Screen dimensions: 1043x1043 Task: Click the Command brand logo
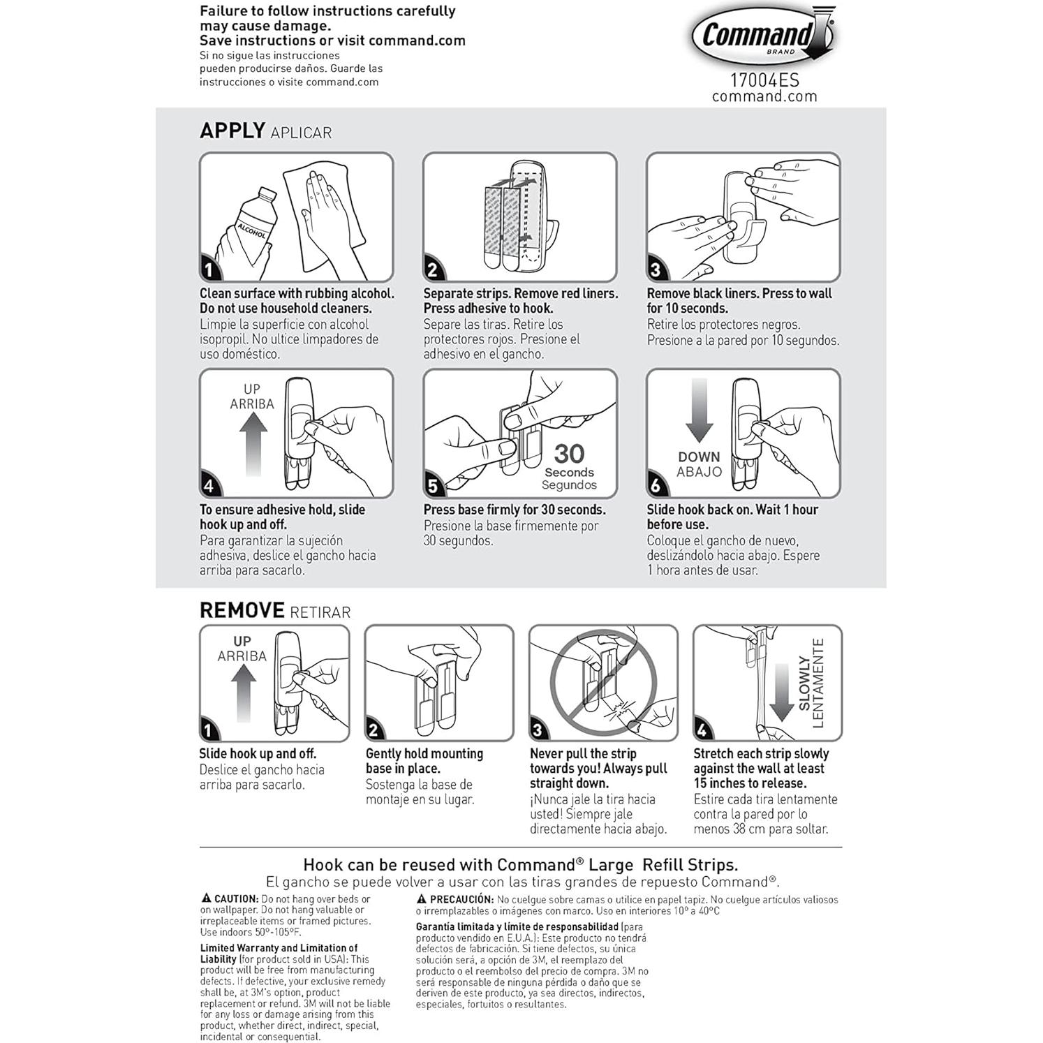(x=763, y=36)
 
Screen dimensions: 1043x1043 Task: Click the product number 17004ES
(x=764, y=80)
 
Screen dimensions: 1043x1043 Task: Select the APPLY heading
(x=232, y=131)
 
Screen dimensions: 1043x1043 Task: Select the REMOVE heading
(x=242, y=610)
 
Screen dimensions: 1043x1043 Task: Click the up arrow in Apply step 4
(x=253, y=443)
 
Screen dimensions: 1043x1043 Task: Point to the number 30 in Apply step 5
(x=569, y=454)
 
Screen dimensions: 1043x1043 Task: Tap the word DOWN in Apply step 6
(x=699, y=457)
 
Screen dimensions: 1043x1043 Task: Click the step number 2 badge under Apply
(x=433, y=269)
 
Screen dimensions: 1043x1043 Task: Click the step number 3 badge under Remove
(x=538, y=730)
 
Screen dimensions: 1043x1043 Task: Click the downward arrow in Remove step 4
(x=781, y=691)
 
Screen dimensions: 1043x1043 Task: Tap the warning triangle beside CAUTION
(x=206, y=898)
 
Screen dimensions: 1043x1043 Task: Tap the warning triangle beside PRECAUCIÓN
(x=422, y=899)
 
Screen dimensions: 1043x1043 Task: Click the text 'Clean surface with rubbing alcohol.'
(x=297, y=294)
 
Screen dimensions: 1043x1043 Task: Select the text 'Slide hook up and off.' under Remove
(x=258, y=754)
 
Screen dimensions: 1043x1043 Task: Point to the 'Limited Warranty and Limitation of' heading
(x=279, y=948)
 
